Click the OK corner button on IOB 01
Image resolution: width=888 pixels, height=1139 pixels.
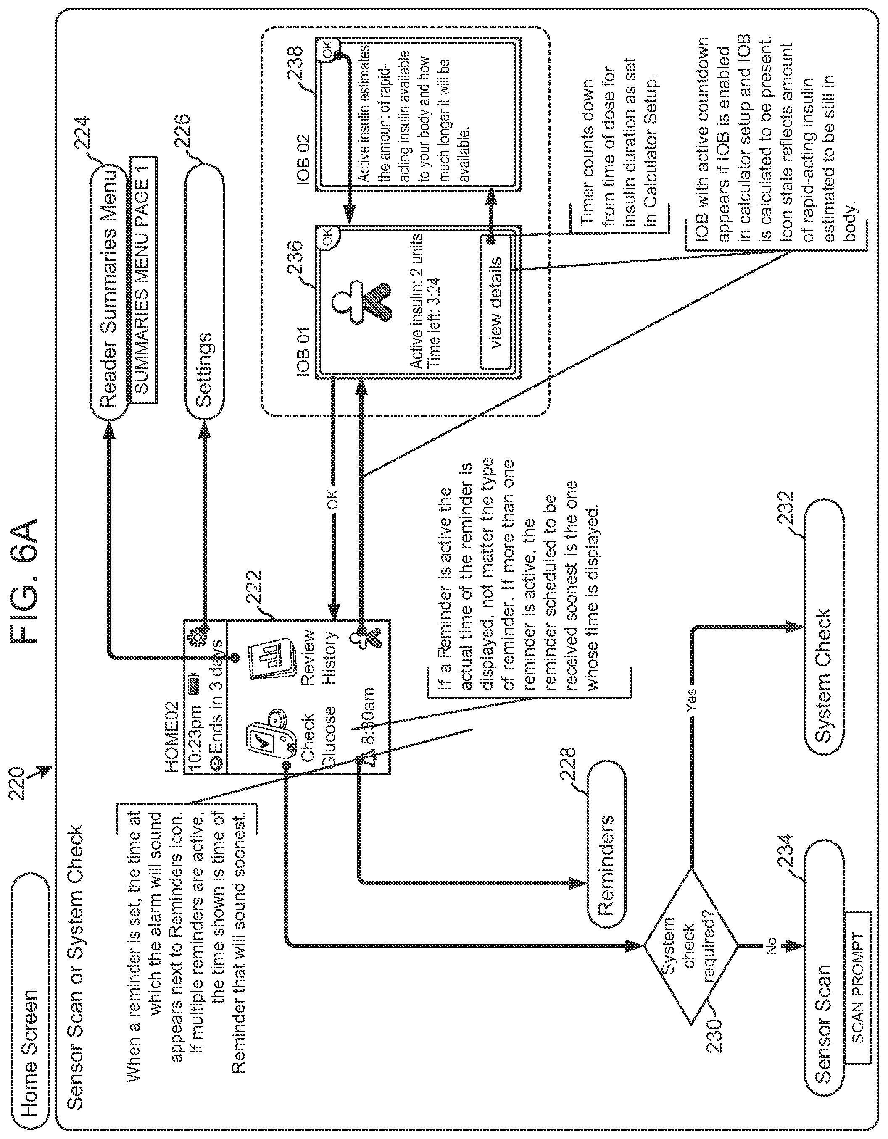tap(327, 238)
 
